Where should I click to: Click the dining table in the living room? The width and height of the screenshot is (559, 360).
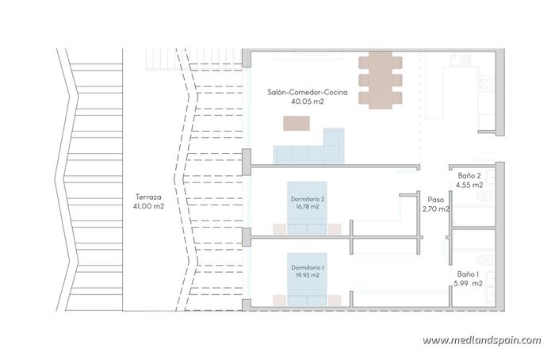point(374,79)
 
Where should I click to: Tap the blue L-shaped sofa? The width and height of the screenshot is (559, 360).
point(308,151)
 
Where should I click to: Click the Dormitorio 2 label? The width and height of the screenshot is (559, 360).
point(308,198)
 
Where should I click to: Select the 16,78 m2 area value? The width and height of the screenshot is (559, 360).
point(308,207)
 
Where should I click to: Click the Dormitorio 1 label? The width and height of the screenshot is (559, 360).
point(308,267)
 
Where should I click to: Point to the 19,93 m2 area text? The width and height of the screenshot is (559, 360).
point(308,276)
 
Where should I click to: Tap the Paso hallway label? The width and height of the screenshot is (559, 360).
point(435,200)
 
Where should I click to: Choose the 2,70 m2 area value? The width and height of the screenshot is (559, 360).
point(436,210)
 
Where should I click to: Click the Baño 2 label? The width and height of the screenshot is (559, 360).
point(469,175)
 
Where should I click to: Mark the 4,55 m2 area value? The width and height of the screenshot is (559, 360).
point(469,186)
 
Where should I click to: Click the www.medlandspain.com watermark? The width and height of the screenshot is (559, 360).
point(481,340)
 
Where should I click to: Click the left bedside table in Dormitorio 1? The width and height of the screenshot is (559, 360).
point(280,299)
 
